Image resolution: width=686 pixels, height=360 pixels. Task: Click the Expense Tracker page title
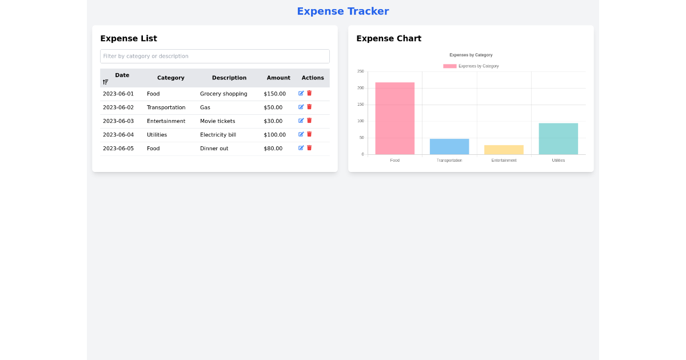tap(342, 11)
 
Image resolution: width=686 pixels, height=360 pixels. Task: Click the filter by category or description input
tap(214, 56)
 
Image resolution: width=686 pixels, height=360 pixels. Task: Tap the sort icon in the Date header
tap(105, 82)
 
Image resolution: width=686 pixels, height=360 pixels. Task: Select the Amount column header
tap(278, 78)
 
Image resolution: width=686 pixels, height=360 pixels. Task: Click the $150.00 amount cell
tap(274, 94)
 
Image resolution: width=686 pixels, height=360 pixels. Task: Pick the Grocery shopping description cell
tap(224, 94)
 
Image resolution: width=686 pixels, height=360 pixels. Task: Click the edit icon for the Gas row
tap(301, 107)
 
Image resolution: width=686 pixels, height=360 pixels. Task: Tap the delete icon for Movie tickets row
tap(309, 121)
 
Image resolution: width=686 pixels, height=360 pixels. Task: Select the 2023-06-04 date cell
tap(118, 135)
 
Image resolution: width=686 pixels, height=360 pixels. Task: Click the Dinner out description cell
tap(214, 149)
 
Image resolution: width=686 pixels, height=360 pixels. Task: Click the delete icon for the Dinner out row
tap(309, 148)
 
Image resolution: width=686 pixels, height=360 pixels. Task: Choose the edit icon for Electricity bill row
tap(301, 134)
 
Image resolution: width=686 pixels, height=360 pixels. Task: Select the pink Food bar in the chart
tap(394, 118)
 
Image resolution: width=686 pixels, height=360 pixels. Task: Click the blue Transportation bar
tap(449, 146)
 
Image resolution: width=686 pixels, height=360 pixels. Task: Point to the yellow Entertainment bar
tap(504, 150)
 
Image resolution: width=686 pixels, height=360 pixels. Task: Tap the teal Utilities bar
tap(558, 139)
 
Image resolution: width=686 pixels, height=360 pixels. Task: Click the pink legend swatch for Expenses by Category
tap(450, 66)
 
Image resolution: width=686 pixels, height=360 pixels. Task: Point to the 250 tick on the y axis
tap(360, 71)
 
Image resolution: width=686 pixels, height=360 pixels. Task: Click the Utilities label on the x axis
tap(558, 161)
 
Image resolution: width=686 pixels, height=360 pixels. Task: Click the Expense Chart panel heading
tap(389, 38)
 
